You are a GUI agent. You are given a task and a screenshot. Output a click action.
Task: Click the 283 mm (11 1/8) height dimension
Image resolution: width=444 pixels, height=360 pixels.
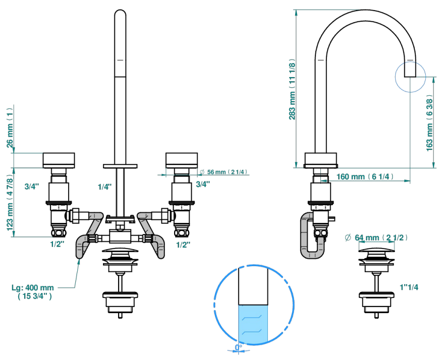[292, 89]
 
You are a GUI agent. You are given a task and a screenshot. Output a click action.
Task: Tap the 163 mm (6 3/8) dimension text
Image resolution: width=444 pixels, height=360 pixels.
[429, 123]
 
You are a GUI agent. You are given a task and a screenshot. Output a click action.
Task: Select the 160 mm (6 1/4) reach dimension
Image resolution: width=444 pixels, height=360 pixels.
[365, 177]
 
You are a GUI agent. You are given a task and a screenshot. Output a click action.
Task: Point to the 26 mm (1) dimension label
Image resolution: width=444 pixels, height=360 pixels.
[10, 128]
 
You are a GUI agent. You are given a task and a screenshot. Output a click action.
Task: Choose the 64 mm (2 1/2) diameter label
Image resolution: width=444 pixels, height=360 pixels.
[376, 237]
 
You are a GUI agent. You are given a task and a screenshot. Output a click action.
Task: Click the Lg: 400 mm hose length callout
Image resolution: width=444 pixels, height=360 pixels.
[33, 292]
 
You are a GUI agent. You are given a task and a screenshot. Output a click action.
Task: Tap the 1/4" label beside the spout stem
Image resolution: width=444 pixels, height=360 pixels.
[105, 187]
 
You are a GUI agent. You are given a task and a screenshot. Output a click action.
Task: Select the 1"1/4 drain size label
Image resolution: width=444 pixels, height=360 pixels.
[409, 287]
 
